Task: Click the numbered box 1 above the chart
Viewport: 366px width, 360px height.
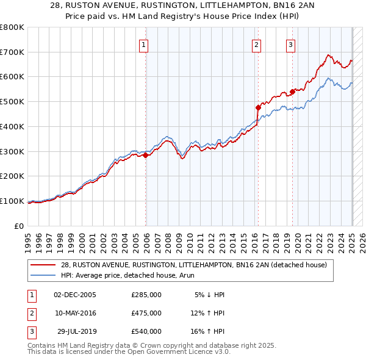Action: point(143,44)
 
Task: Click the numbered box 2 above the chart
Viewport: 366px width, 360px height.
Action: point(256,44)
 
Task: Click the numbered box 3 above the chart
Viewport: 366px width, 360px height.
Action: point(290,44)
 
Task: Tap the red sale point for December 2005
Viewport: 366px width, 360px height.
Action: point(146,155)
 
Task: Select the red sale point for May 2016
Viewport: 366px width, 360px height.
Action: point(258,107)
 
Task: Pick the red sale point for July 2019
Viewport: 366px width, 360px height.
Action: point(293,92)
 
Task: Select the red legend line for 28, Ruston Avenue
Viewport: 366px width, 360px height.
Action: point(43,265)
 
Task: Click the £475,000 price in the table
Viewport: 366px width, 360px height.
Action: point(146,313)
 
